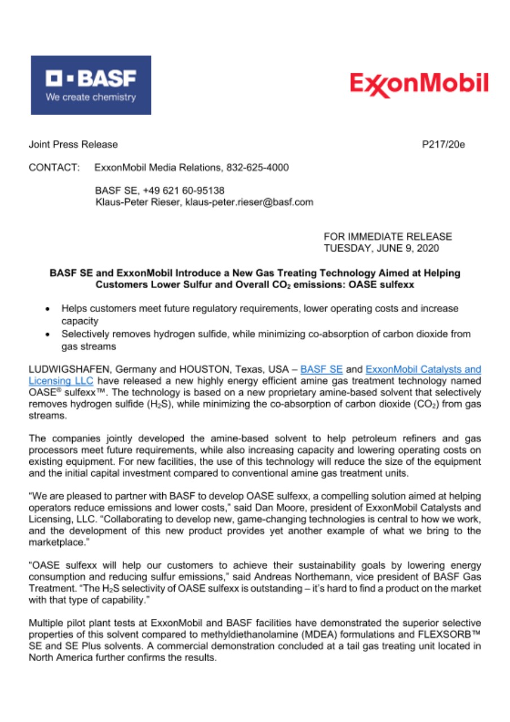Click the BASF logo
coord(91,85)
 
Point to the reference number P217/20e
coord(444,144)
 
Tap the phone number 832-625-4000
coord(258,168)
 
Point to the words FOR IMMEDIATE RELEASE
coord(388,236)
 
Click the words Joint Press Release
coord(73,144)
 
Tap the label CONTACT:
coord(54,168)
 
